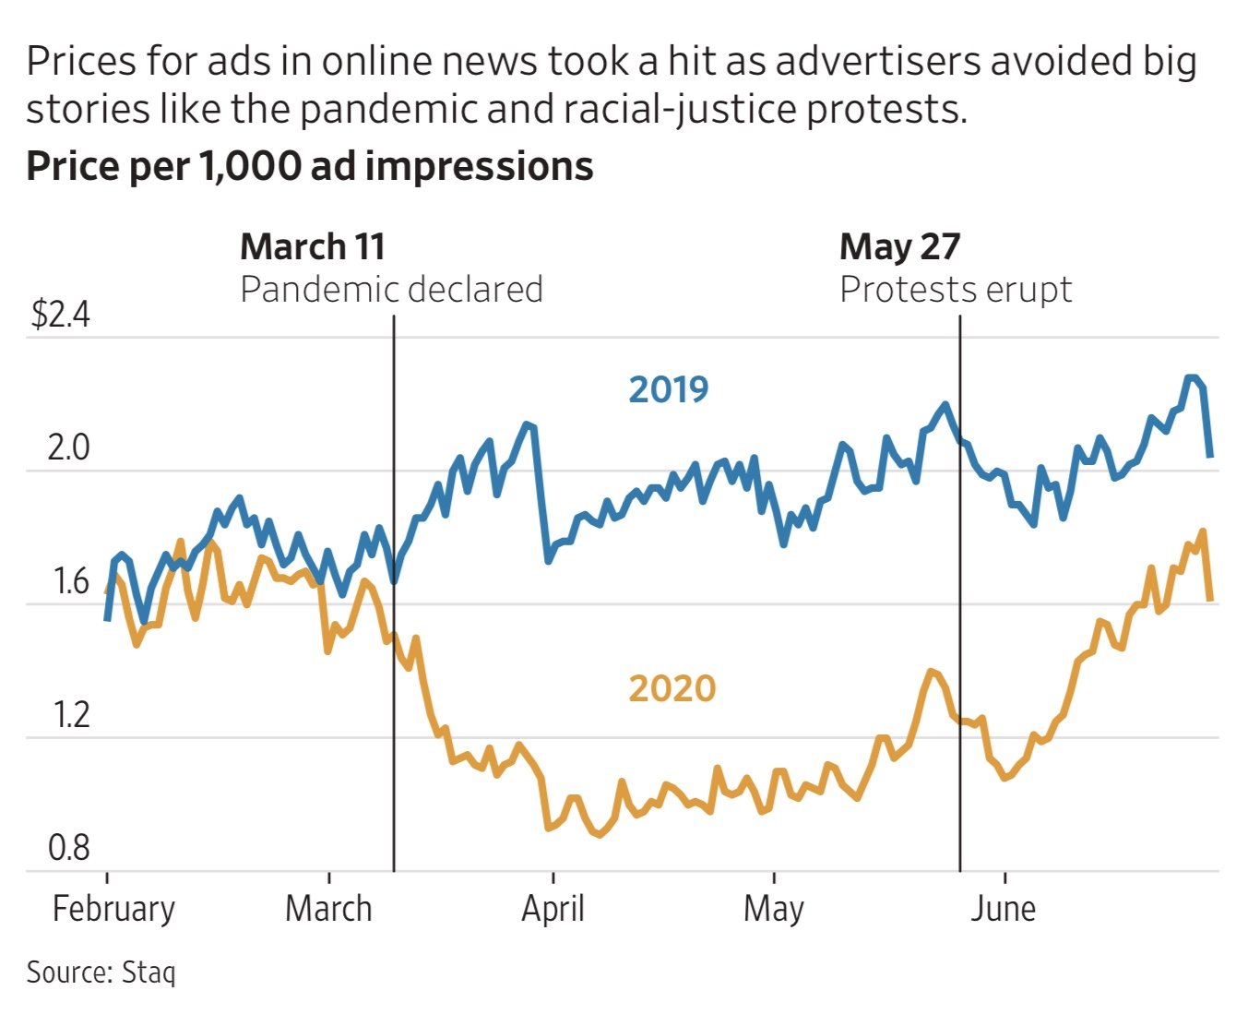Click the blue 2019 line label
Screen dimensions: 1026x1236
668,390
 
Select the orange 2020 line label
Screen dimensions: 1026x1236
671,689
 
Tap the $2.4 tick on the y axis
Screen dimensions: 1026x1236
60,315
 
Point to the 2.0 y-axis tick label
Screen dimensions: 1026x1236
68,447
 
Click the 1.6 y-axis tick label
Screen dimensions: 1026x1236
70,581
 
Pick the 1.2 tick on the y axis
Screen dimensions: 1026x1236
70,715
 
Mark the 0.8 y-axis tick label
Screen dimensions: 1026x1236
69,848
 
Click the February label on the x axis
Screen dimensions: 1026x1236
113,909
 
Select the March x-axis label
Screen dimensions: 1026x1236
328,909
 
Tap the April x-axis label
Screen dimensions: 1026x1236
553,909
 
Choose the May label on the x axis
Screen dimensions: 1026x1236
773,909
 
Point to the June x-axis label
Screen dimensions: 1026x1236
1003,909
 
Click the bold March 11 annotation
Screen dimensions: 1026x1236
312,247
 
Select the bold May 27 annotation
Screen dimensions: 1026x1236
899,247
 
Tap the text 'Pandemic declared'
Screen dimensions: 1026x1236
391,290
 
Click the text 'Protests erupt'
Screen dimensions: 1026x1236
955,290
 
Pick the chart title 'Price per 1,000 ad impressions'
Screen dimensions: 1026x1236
310,166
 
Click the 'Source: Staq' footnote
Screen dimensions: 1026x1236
101,972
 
